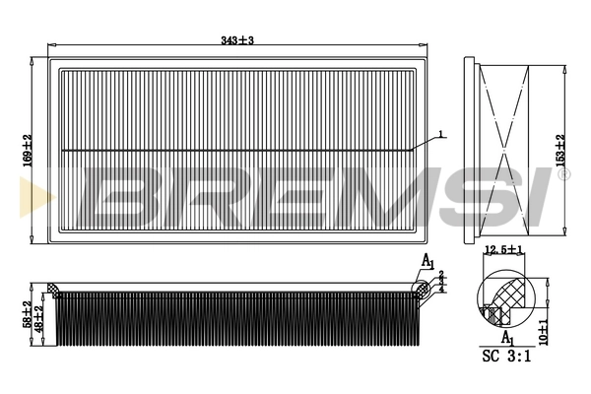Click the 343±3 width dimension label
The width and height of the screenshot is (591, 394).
pyautogui.click(x=238, y=39)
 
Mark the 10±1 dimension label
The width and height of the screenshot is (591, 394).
pyautogui.click(x=545, y=331)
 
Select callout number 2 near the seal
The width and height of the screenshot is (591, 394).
pyautogui.click(x=440, y=274)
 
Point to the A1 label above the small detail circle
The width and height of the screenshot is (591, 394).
pyautogui.click(x=427, y=260)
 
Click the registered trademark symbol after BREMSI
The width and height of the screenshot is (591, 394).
pyautogui.click(x=563, y=173)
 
